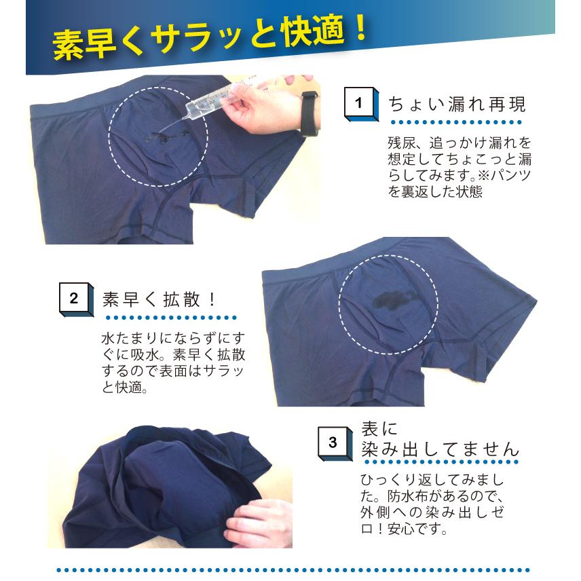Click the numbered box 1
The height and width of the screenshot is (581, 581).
tap(361, 104)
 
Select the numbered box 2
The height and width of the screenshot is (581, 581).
tap(76, 299)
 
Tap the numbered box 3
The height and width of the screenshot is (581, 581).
tap(335, 443)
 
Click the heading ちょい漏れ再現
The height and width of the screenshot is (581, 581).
tap(457, 104)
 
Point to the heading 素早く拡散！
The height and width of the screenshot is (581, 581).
tap(160, 299)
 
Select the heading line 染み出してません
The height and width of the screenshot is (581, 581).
tap(441, 449)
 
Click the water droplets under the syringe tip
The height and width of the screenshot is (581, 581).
tap(163, 137)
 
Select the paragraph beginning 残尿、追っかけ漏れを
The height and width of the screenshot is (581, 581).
tap(460, 167)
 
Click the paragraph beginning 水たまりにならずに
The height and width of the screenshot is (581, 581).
tap(173, 362)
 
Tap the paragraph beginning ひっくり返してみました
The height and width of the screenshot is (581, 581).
tap(432, 504)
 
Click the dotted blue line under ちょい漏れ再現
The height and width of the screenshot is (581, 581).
tap(456, 122)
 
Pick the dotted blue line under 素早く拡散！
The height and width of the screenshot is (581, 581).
tap(171, 318)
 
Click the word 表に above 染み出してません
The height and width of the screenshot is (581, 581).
tap(379, 429)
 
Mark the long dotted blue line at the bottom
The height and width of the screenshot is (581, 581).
tap(293, 570)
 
